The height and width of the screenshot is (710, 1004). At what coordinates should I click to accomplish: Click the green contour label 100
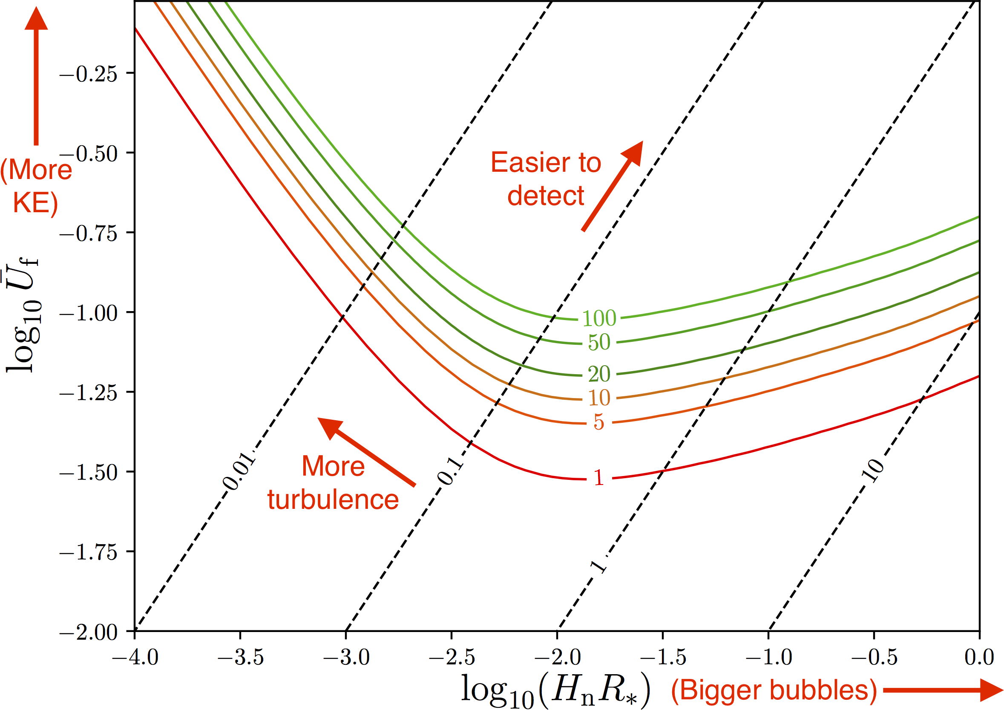point(599,318)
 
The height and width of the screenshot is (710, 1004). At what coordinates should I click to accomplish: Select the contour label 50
point(599,342)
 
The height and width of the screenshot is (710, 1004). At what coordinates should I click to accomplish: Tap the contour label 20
point(599,374)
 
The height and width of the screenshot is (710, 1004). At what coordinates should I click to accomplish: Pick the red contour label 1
point(598,478)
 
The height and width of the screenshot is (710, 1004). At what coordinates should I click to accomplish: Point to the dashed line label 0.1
point(451,472)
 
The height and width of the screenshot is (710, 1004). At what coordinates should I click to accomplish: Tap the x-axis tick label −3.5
point(241,658)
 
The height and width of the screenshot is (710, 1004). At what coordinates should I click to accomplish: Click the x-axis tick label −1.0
point(768,658)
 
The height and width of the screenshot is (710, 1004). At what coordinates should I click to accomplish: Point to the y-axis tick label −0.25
point(88,73)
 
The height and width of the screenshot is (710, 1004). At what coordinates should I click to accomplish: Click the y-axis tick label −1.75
point(88,552)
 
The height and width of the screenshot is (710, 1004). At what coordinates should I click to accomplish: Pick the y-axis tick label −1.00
point(88,313)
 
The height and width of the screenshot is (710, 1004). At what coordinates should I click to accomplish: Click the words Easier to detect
point(546,179)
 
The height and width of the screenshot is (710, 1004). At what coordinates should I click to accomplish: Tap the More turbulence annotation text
point(333,482)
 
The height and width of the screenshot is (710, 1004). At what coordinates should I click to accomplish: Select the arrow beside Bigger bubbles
point(942,690)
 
